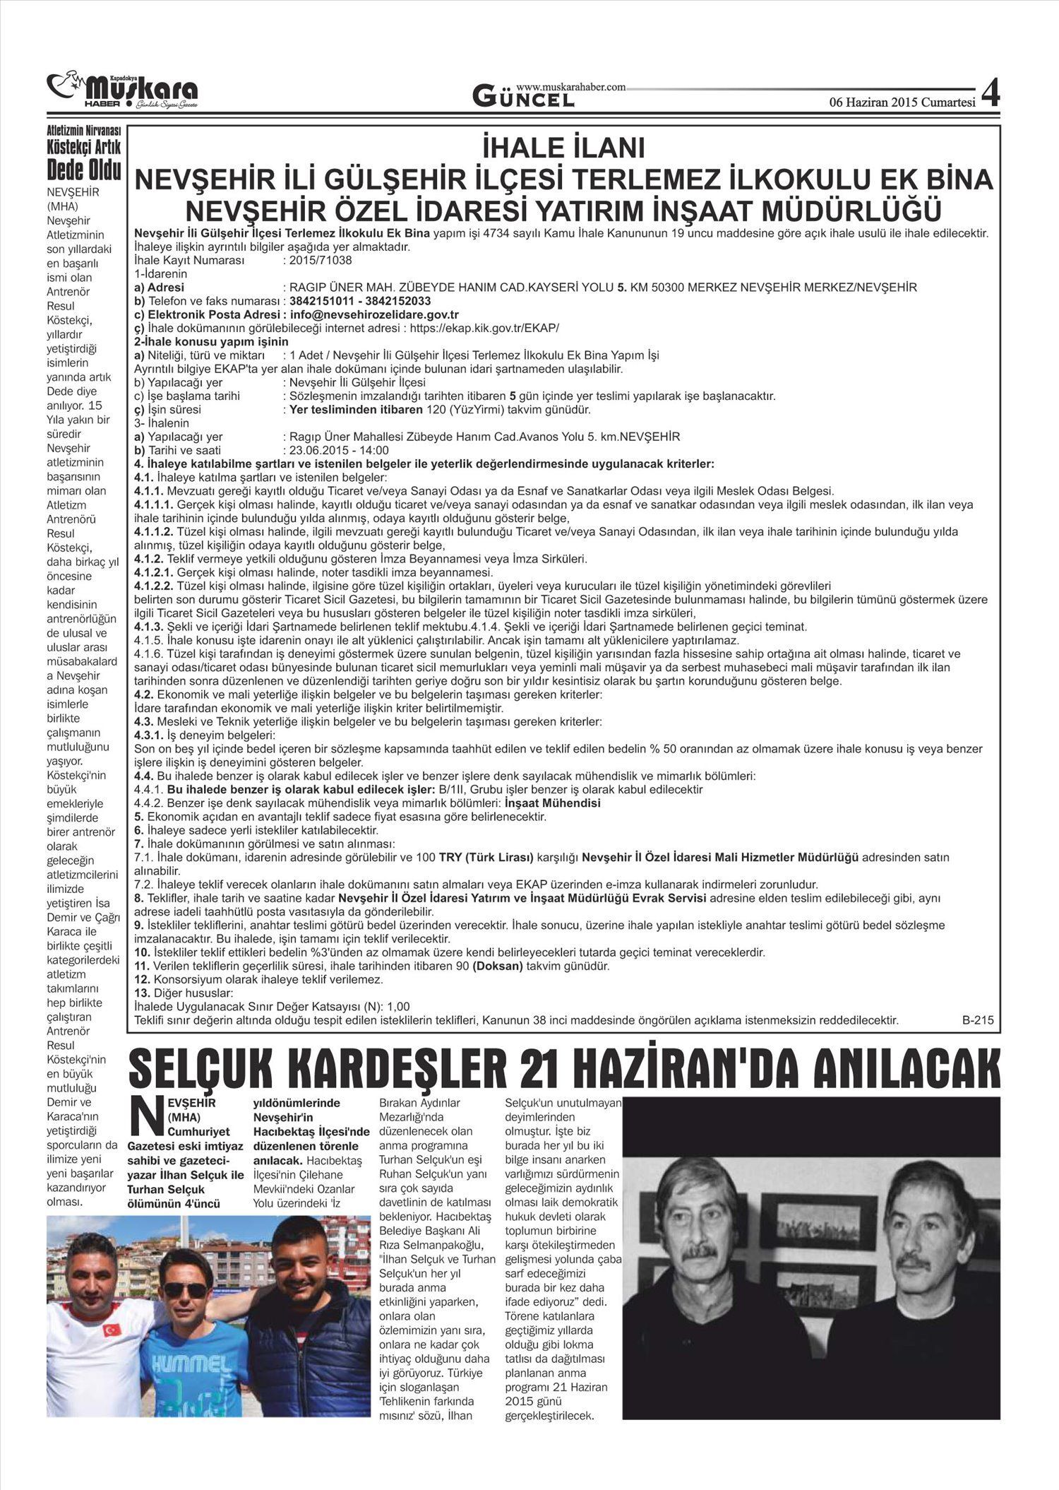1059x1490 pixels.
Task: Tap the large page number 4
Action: click(x=991, y=94)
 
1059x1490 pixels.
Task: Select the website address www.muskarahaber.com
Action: click(x=571, y=87)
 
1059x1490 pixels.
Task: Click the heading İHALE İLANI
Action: click(x=563, y=149)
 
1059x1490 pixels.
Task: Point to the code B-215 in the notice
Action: click(x=977, y=1020)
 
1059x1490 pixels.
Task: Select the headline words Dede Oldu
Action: click(x=83, y=170)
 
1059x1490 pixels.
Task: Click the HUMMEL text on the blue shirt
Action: click(x=186, y=1383)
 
